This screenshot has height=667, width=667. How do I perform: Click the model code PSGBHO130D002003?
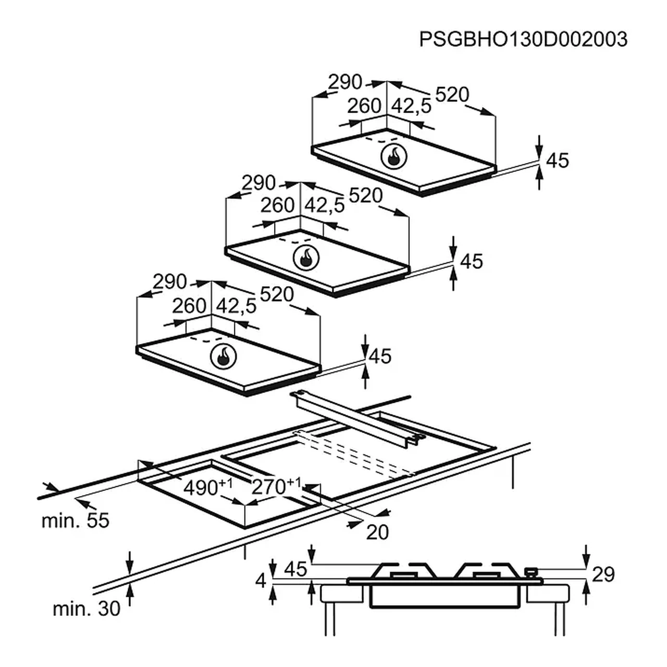coord(523,40)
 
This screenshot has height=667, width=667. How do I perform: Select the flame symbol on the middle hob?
coord(306,258)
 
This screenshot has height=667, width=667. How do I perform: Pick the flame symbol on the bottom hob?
coord(224,356)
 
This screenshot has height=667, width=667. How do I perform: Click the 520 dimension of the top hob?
coord(452,94)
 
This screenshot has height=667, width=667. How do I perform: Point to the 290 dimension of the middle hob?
coord(258,183)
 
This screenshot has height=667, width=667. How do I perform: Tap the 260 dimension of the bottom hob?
coord(189,306)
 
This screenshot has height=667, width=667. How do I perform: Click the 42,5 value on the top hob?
coord(411,106)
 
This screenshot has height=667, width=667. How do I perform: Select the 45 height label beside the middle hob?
coord(472,262)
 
